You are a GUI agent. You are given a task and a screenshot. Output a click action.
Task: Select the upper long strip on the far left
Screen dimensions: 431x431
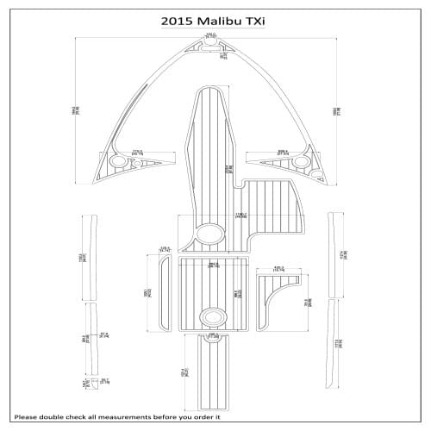89,256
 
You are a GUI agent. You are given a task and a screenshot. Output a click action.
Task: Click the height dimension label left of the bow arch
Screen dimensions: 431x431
76,110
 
